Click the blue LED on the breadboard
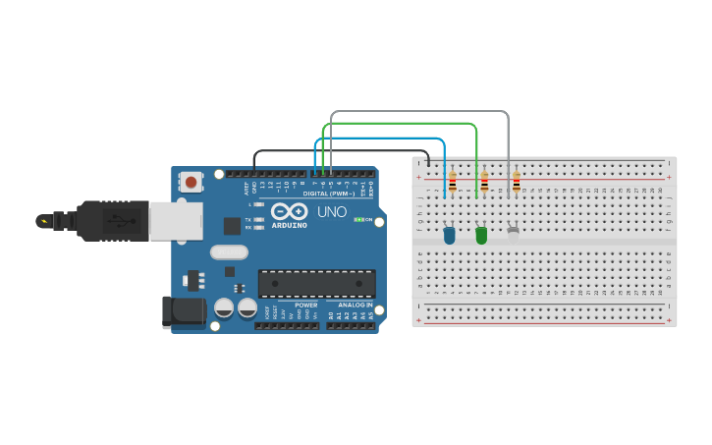pos(449,235)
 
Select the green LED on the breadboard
pos(481,235)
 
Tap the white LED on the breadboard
pos(513,233)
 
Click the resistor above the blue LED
pos(453,182)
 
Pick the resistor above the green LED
pos(484,182)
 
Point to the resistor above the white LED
pos(517,182)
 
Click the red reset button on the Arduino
pos(191,182)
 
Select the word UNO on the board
pos(331,211)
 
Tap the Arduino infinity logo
pos(290,211)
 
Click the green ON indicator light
pos(359,219)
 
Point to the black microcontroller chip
pos(316,283)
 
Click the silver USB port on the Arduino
pos(176,221)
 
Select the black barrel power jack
pos(185,311)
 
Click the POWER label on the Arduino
pos(305,306)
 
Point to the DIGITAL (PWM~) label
pos(329,194)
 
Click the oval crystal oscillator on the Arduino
pos(229,252)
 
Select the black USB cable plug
pos(113,220)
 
